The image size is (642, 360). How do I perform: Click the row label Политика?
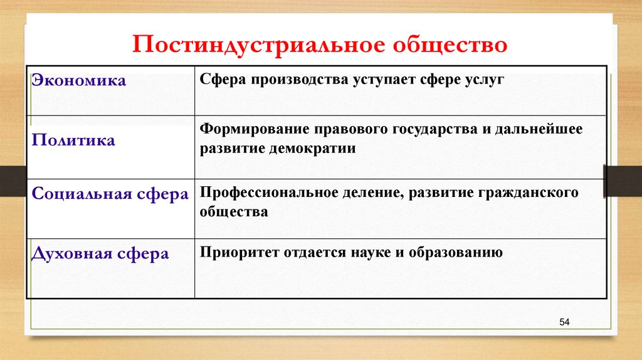click(73, 140)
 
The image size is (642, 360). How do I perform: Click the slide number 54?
click(564, 322)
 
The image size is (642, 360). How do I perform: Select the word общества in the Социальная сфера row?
click(233, 212)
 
